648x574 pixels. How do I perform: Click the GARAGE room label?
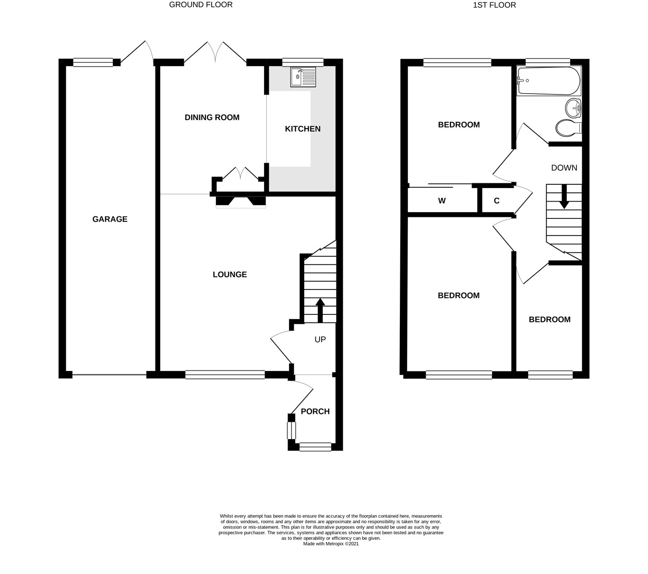pyautogui.click(x=110, y=219)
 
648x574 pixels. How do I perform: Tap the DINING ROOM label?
pyautogui.click(x=212, y=118)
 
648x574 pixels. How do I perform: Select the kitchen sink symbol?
pyautogui.click(x=303, y=77)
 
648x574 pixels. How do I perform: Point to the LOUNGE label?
pyautogui.click(x=229, y=275)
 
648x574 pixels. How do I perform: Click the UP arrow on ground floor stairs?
pyautogui.click(x=320, y=310)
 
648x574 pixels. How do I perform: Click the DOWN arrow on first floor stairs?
pyautogui.click(x=564, y=196)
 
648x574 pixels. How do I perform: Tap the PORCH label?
pyautogui.click(x=315, y=411)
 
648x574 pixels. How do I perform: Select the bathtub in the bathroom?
pyautogui.click(x=548, y=81)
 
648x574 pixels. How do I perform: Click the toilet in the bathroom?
pyautogui.click(x=568, y=128)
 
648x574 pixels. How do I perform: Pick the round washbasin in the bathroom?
pyautogui.click(x=573, y=108)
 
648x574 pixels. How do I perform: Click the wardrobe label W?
pyautogui.click(x=442, y=201)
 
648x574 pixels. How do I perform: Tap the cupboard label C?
pyautogui.click(x=496, y=201)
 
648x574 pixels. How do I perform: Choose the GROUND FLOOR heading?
pyautogui.click(x=201, y=5)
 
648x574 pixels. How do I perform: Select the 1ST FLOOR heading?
pyautogui.click(x=494, y=5)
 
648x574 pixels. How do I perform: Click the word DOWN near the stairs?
pyautogui.click(x=564, y=168)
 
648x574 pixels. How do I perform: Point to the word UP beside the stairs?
pyautogui.click(x=320, y=339)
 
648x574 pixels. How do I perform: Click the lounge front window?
pyautogui.click(x=225, y=374)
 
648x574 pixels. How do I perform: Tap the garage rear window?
pyautogui.click(x=93, y=62)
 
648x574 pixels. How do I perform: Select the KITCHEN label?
pyautogui.click(x=302, y=129)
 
